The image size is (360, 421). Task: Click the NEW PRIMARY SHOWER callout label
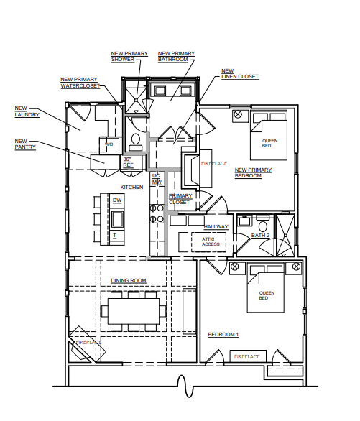(129, 56)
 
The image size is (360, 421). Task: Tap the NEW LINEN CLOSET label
(240, 74)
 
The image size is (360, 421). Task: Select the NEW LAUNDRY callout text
(27, 111)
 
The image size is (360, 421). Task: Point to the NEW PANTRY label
(25, 144)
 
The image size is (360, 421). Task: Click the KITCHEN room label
(131, 187)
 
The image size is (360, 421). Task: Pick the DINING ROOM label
(129, 281)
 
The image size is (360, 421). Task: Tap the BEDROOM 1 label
(223, 335)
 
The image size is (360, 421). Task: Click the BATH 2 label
(260, 235)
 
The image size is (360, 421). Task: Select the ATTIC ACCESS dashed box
(208, 242)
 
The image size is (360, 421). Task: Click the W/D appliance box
(109, 146)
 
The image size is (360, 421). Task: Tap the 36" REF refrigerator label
(129, 162)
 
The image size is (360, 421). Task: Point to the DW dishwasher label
(117, 200)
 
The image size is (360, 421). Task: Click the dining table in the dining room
(134, 311)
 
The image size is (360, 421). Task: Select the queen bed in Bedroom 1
(265, 288)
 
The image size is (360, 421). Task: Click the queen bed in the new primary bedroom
(269, 136)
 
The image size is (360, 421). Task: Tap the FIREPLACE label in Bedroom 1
(247, 356)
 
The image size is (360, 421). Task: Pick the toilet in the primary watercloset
(136, 142)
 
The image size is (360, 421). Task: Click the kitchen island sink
(117, 219)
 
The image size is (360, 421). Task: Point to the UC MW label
(157, 179)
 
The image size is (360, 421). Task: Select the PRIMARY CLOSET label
(180, 199)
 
